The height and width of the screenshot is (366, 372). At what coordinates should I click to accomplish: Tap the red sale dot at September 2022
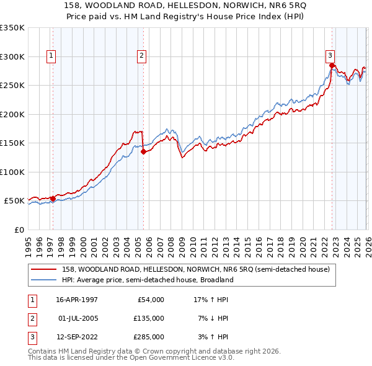[332, 65]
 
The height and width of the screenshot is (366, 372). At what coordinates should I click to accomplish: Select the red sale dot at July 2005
[143, 151]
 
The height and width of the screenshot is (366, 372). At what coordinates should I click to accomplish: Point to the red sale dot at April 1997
[53, 199]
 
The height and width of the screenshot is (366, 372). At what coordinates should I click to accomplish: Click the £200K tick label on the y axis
[12, 114]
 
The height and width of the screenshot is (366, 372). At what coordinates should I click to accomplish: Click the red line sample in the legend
[45, 269]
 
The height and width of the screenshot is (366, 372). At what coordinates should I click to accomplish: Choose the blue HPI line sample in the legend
[45, 280]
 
